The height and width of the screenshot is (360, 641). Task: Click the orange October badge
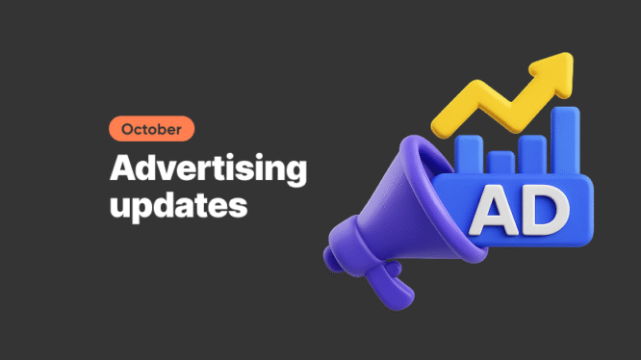151,129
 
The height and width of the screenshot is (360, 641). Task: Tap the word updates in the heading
178,205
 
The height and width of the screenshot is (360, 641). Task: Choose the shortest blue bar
500,162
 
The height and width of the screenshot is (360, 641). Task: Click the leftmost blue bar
469,154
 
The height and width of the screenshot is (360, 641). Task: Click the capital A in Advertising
122,169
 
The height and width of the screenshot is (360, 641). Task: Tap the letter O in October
127,129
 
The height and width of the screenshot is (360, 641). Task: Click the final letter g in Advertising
295,174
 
